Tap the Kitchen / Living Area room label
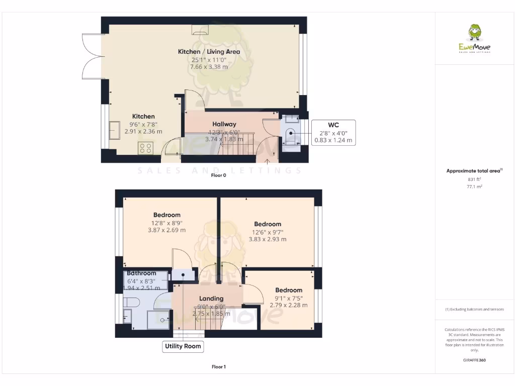[209, 52]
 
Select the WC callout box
[334, 133]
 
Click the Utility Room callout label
[183, 346]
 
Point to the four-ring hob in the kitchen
[145, 148]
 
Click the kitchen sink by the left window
[114, 130]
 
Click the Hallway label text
[224, 124]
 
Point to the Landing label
[211, 299]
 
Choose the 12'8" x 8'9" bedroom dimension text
[166, 223]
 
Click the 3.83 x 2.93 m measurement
[268, 240]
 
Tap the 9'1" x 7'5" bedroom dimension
[289, 298]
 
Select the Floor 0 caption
[218, 175]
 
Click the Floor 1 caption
[218, 367]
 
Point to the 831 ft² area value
[474, 179]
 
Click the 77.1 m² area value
[474, 186]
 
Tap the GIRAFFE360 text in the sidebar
[474, 360]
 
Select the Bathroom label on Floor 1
[141, 273]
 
